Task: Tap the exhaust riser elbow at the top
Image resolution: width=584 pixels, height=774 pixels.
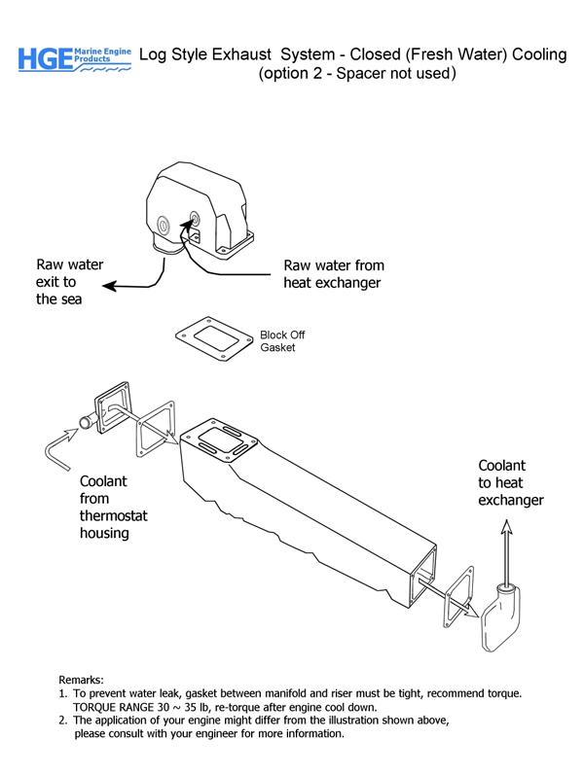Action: (199, 213)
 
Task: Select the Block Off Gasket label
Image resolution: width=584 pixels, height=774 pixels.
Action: (282, 341)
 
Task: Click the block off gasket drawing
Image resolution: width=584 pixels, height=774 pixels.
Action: (216, 341)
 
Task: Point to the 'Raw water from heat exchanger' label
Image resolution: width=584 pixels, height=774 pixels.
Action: (333, 273)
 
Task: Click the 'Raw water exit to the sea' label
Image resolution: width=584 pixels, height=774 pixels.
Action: (69, 281)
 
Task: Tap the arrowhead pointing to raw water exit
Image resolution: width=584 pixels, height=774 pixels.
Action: (108, 286)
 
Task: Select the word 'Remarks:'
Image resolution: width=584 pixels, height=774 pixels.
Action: (81, 679)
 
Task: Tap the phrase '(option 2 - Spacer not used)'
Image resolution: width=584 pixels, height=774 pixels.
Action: (358, 75)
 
